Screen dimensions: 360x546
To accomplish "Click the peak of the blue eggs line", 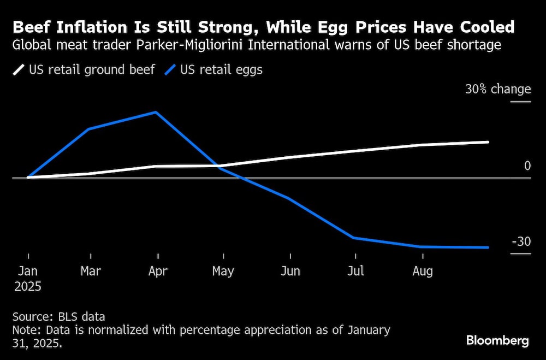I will tap(157, 113).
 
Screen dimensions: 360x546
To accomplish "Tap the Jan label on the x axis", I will tap(28, 271).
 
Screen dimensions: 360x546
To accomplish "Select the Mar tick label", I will tap(91, 271).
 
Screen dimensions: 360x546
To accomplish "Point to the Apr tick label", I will tap(158, 271).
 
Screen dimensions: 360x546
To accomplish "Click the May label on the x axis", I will tap(223, 271).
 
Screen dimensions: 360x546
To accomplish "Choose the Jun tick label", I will tap(290, 271).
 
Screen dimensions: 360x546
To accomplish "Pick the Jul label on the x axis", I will tap(356, 271).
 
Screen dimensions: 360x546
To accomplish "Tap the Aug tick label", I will tap(422, 271).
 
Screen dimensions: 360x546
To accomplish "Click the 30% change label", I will tap(497, 89).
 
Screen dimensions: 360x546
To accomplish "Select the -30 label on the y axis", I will tap(520, 241).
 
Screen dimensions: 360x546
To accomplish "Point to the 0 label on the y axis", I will tap(527, 166).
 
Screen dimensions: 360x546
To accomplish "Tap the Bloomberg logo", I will tap(497, 340).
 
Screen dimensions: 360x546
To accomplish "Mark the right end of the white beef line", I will tap(488, 142).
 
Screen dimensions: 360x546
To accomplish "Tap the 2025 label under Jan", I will tap(28, 286).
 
